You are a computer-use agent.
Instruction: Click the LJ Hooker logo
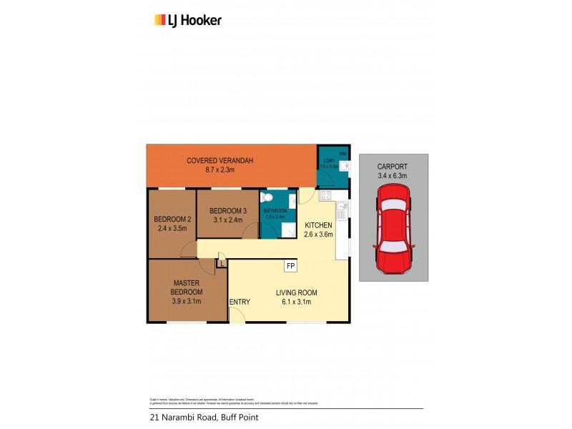188,20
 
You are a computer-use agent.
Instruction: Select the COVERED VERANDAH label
220,160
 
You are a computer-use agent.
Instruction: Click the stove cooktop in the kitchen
326,195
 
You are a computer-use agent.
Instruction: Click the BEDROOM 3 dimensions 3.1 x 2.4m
227,220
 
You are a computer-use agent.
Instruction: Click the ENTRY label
240,302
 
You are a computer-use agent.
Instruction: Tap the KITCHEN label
318,225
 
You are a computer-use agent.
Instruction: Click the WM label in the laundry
343,153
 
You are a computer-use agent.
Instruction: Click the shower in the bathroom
289,230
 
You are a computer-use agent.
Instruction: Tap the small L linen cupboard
222,262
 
